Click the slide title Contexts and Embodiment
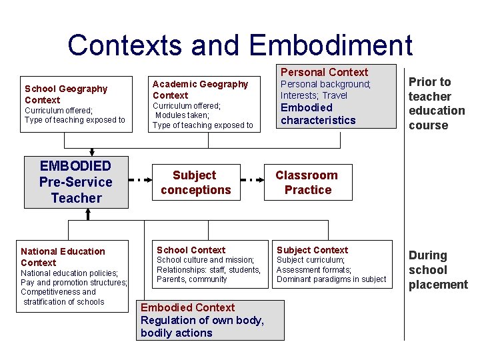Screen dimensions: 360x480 [240, 45]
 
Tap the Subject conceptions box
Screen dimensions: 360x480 [195, 183]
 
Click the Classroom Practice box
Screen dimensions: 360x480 [307, 183]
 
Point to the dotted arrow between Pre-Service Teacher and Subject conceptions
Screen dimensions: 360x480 [139, 180]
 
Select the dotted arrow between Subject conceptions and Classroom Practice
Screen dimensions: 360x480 [253, 180]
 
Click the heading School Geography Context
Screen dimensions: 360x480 [65, 94]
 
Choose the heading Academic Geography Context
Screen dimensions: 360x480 [200, 89]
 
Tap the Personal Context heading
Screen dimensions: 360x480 [324, 72]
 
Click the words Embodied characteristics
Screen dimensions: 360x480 [318, 113]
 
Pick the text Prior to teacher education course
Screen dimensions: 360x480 [436, 103]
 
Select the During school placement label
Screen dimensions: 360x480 [437, 270]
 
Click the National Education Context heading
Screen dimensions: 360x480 [63, 257]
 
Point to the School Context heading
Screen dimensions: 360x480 [191, 250]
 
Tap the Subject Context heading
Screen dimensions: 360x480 [312, 250]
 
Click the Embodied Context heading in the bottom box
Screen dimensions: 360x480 [187, 307]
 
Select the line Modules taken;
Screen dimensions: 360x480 [183, 115]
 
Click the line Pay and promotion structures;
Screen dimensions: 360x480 [74, 283]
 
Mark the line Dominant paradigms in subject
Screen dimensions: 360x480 [331, 279]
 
